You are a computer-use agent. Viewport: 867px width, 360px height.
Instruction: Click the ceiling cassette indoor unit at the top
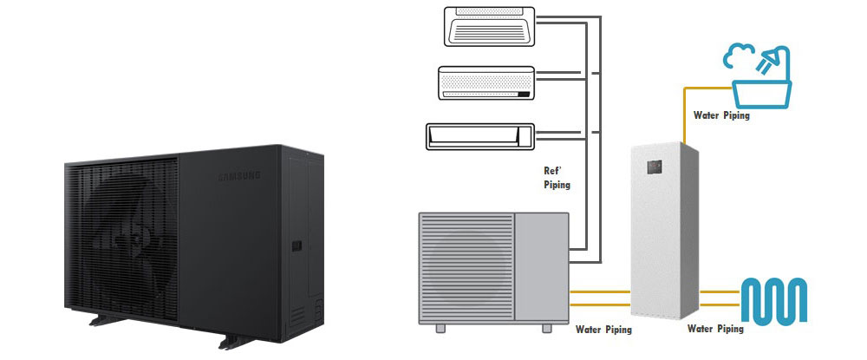486,25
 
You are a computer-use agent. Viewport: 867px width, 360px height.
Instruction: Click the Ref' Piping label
556,178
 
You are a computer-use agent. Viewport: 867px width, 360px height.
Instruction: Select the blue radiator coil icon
775,299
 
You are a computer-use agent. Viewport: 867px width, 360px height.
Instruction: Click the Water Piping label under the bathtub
721,115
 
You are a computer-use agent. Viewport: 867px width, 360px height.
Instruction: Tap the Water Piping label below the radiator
715,330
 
